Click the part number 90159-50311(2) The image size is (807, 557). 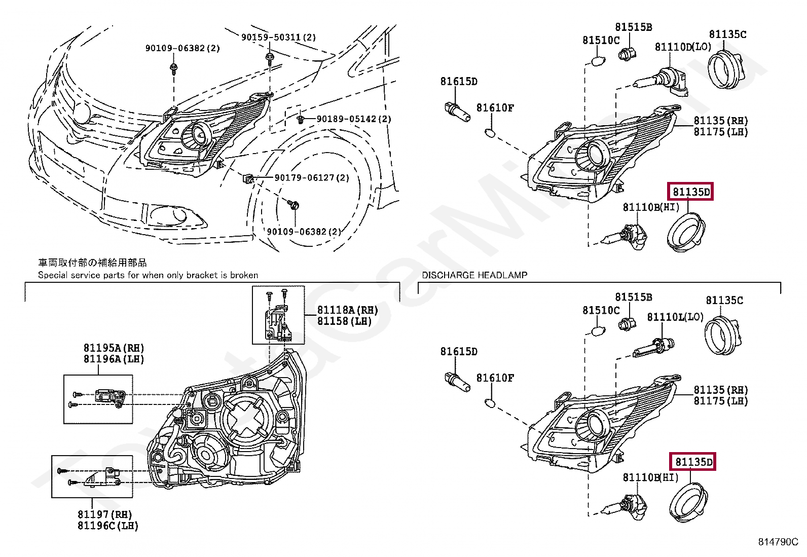click(278, 38)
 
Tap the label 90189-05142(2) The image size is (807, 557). click(354, 119)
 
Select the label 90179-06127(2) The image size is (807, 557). click(312, 178)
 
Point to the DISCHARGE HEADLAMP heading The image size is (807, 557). click(474, 275)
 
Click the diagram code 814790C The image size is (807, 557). click(778, 542)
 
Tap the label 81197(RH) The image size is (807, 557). click(104, 514)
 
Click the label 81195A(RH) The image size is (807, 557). click(114, 348)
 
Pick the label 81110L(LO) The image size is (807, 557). click(675, 317)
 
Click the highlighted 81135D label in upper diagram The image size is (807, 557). click(690, 192)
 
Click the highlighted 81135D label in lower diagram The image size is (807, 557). click(692, 462)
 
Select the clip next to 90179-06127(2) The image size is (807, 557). click(248, 178)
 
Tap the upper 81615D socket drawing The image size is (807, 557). click(456, 112)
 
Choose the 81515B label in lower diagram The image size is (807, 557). click(633, 297)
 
